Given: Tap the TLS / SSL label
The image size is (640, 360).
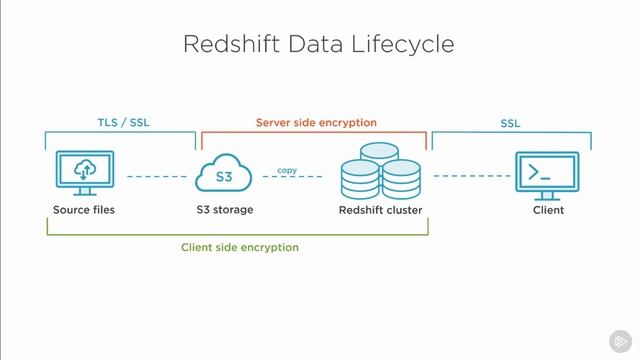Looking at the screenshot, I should click(118, 122).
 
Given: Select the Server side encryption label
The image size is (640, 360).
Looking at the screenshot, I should click(316, 122).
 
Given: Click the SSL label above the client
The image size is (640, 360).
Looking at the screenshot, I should click(510, 123).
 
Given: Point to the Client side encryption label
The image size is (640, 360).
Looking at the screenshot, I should click(240, 247).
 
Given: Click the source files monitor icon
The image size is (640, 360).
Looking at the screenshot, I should click(84, 173).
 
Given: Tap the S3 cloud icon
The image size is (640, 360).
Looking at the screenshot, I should click(225, 176).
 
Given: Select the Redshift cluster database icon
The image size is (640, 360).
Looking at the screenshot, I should click(380, 173).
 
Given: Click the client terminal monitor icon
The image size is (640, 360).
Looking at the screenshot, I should click(546, 174).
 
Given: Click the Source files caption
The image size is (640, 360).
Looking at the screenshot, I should click(84, 210).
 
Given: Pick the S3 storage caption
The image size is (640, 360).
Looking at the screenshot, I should click(225, 210).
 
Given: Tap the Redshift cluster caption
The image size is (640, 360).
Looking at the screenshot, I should click(380, 210).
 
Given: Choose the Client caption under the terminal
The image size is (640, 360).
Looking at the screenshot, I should click(548, 210).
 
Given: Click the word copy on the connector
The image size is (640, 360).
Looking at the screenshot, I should click(287, 170).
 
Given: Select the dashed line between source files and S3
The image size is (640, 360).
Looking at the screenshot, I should click(157, 177).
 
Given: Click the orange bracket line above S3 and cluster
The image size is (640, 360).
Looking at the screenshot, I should click(314, 132).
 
